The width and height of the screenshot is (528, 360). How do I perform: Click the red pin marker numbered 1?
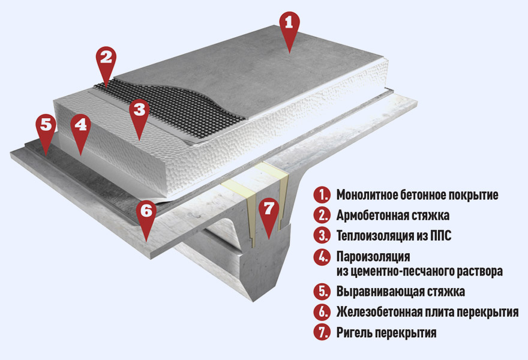click(289, 28)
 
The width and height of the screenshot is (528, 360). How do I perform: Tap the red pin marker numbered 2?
click(106, 62)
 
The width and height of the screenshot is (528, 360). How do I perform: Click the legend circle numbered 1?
click(322, 195)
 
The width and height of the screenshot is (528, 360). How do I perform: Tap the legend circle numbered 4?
click(322, 257)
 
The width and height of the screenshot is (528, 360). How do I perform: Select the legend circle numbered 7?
click(322, 332)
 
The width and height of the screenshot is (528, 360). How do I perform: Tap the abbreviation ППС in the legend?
click(440, 236)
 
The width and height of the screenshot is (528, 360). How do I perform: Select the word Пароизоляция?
click(373, 257)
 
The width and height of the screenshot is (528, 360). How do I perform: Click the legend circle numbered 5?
click(322, 292)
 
